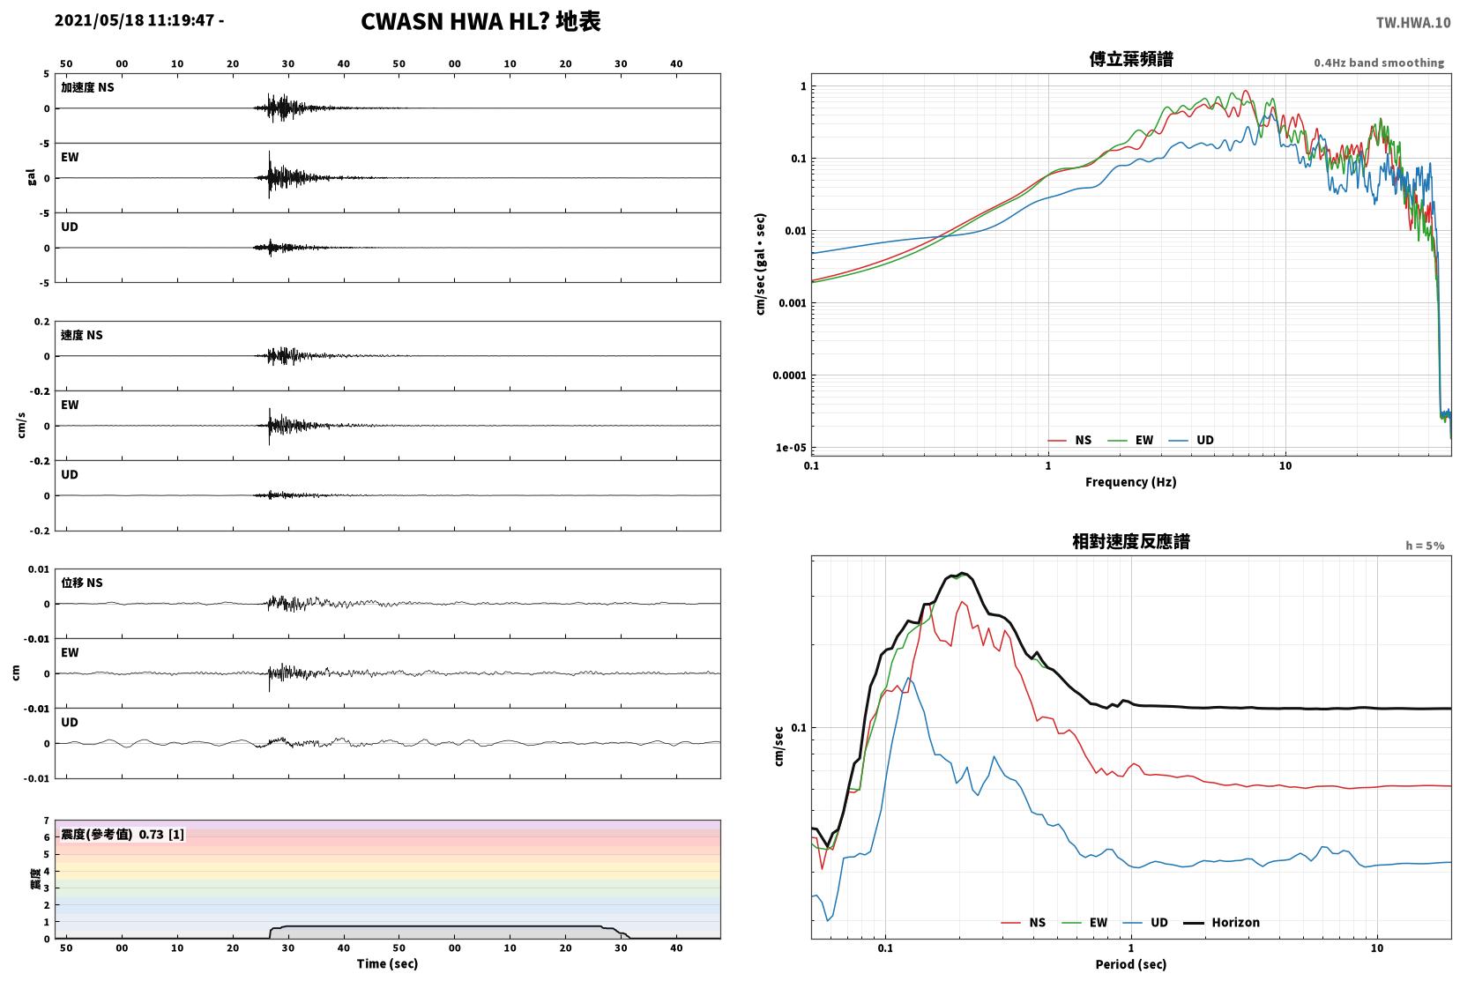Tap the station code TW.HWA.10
(1413, 23)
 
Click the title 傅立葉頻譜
(1131, 59)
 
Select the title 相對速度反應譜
(1131, 541)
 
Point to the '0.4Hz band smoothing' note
(1379, 63)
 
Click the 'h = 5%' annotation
(1425, 546)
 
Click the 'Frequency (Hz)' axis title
(1131, 482)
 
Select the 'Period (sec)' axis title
(1131, 964)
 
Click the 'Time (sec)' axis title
(387, 963)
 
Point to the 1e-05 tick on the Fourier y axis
(790, 448)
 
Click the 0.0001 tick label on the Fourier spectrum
(789, 375)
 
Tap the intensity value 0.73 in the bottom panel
(151, 835)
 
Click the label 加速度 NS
(87, 87)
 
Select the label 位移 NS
(81, 583)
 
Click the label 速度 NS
(81, 335)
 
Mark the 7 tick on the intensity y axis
(46, 820)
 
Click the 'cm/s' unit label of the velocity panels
(21, 426)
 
